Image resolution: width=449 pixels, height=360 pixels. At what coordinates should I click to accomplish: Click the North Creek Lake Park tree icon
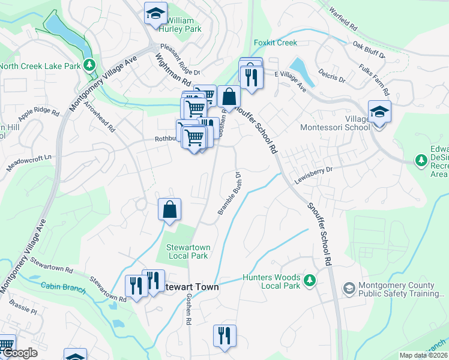(x=89, y=64)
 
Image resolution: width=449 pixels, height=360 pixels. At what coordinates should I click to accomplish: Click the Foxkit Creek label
(x=275, y=43)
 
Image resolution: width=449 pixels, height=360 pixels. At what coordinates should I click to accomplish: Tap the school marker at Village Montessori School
(x=379, y=112)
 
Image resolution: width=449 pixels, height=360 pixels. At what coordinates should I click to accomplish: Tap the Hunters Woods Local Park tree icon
(x=310, y=280)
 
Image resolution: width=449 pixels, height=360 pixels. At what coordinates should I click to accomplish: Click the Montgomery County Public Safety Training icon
(x=348, y=289)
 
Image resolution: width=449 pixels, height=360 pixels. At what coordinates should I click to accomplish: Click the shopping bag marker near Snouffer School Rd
(x=229, y=96)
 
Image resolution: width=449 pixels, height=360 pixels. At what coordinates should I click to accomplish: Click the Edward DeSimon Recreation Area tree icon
(x=421, y=160)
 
